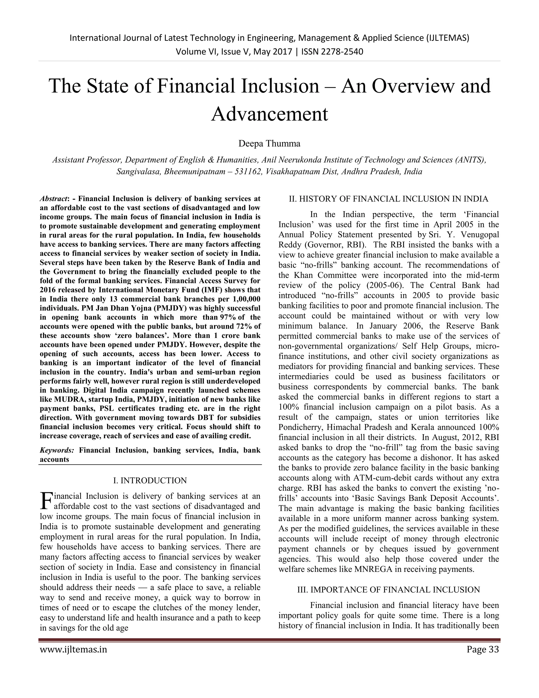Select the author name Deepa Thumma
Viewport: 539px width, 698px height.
click(x=269, y=144)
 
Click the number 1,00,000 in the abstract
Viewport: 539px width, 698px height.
click(x=244, y=299)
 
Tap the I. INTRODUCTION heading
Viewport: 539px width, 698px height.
click(x=150, y=480)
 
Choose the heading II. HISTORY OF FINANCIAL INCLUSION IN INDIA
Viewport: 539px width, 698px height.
click(x=388, y=199)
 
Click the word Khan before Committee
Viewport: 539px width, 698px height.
click(x=303, y=275)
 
